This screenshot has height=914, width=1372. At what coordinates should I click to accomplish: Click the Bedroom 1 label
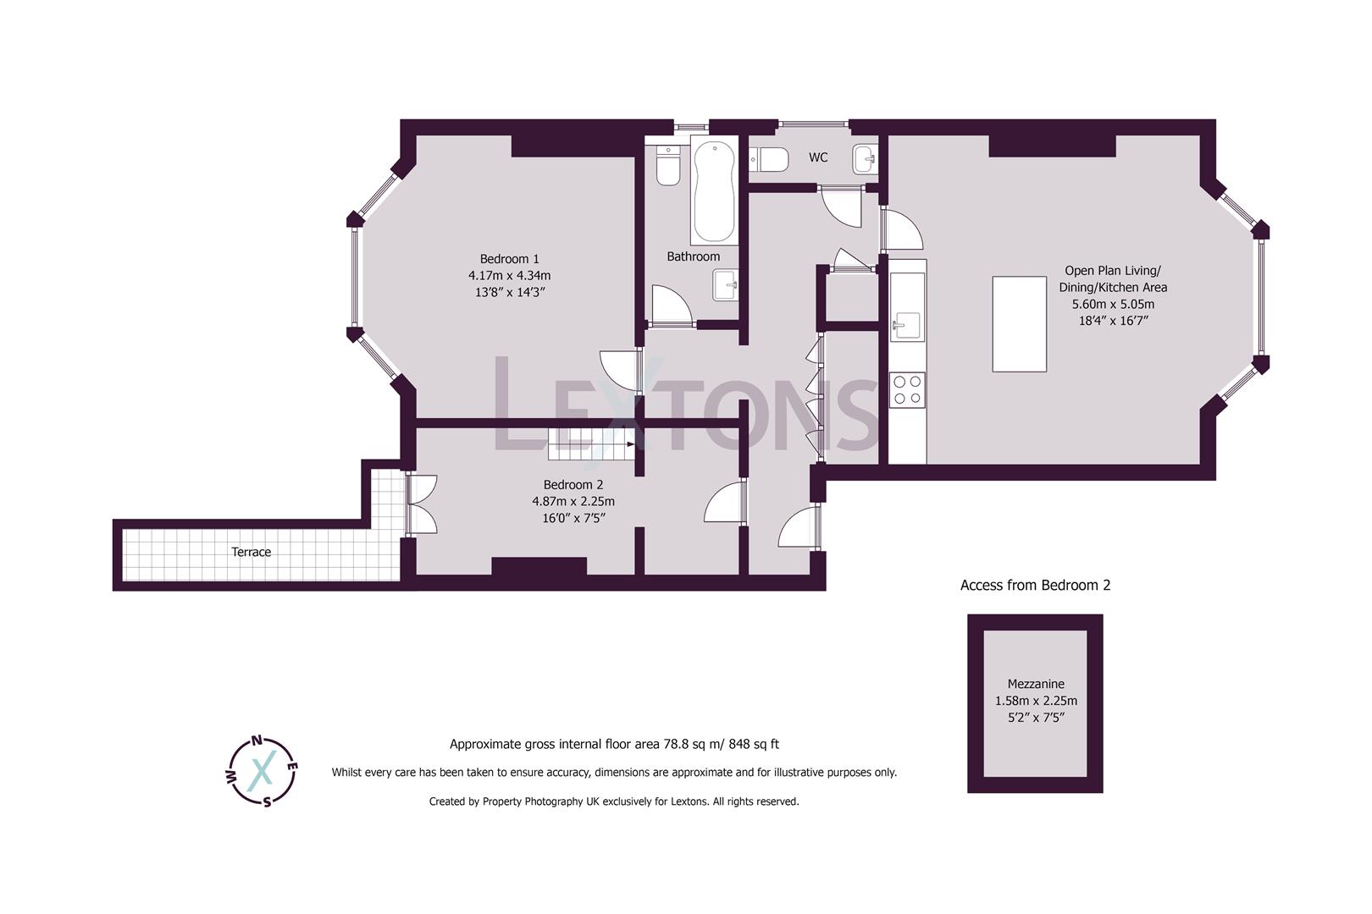click(509, 259)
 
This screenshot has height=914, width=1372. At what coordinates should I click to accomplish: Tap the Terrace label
click(252, 553)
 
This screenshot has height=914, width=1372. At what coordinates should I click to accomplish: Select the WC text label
click(818, 157)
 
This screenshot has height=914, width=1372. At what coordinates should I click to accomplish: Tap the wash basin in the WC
click(866, 158)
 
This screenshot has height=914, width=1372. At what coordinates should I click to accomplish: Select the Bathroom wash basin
click(726, 285)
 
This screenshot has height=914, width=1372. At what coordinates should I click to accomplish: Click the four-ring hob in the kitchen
click(908, 390)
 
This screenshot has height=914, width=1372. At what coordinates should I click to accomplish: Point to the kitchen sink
click(906, 325)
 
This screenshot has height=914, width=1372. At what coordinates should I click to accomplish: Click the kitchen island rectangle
click(1020, 323)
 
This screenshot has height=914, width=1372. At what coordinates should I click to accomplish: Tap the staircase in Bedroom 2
click(591, 444)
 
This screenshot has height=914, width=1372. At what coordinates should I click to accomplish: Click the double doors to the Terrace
click(422, 504)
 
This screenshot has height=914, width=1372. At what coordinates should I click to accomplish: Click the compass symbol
click(262, 771)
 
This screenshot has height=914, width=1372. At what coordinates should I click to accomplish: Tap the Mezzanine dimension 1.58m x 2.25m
click(1036, 701)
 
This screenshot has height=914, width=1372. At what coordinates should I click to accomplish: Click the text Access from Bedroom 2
click(1035, 585)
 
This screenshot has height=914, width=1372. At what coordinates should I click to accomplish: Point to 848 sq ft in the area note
click(747, 745)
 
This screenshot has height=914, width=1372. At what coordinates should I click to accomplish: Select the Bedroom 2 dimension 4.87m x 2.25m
click(573, 501)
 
